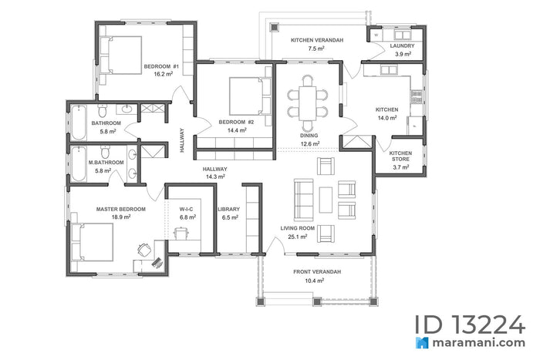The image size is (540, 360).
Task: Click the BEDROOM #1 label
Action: (162, 66)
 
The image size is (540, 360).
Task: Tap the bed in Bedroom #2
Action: (245, 95)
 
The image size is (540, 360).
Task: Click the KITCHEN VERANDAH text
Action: (317, 39)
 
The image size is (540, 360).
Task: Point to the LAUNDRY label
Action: (402, 45)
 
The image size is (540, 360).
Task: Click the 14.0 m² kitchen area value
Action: (386, 118)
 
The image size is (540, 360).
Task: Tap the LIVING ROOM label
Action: (297, 228)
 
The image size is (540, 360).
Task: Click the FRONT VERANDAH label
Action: (316, 272)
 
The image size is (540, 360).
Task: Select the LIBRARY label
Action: (229, 209)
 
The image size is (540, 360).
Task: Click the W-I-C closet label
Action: (187, 209)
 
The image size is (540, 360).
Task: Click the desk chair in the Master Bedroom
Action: (143, 249)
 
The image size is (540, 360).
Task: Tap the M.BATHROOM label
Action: (106, 162)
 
